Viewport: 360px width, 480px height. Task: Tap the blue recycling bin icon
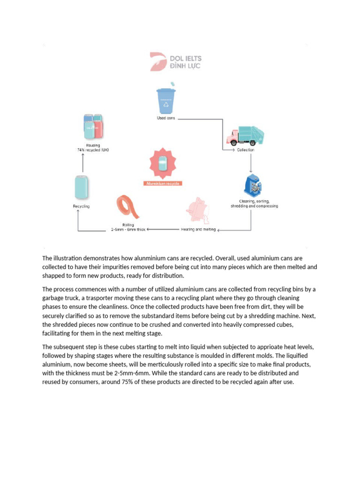(165, 101)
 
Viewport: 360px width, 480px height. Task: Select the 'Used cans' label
(166, 118)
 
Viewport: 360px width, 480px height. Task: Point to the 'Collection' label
(245, 150)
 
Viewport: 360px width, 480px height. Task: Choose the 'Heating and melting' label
(199, 229)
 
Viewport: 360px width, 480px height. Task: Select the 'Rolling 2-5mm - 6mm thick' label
(128, 227)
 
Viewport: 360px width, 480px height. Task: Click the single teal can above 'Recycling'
(82, 187)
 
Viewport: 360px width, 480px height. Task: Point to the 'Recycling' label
(81, 206)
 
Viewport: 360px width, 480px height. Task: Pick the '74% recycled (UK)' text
(93, 150)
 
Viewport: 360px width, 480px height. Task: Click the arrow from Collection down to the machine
(251, 164)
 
